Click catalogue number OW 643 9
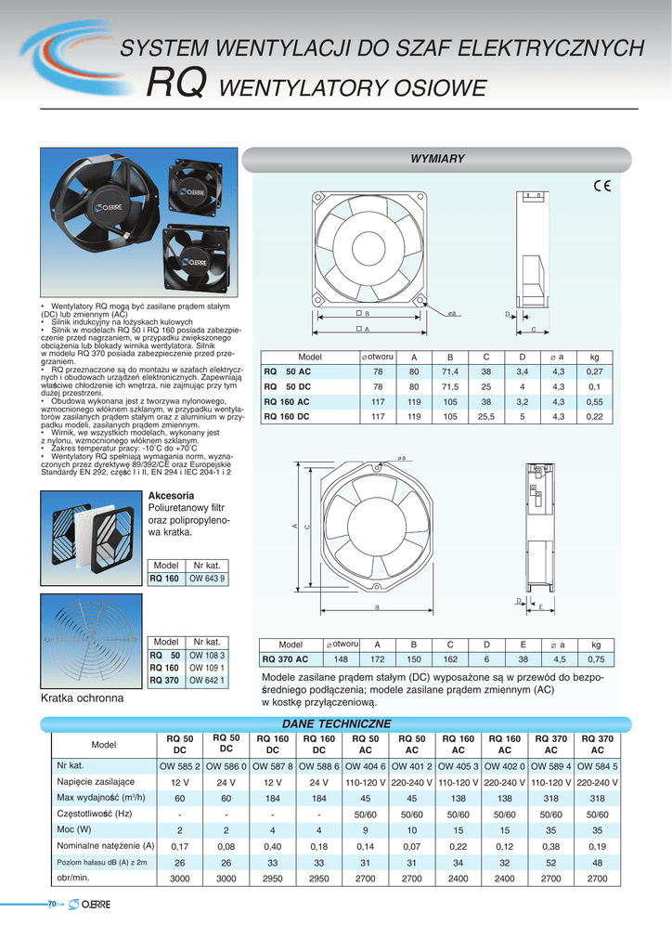point(206,579)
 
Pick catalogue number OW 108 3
point(206,655)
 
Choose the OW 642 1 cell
point(206,680)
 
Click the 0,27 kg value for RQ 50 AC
point(595,372)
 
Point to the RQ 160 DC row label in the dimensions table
point(288,417)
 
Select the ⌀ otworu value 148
point(342,659)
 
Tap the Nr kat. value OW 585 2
point(179,766)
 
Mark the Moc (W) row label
point(74,829)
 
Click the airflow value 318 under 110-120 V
point(551,798)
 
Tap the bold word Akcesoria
point(172,496)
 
